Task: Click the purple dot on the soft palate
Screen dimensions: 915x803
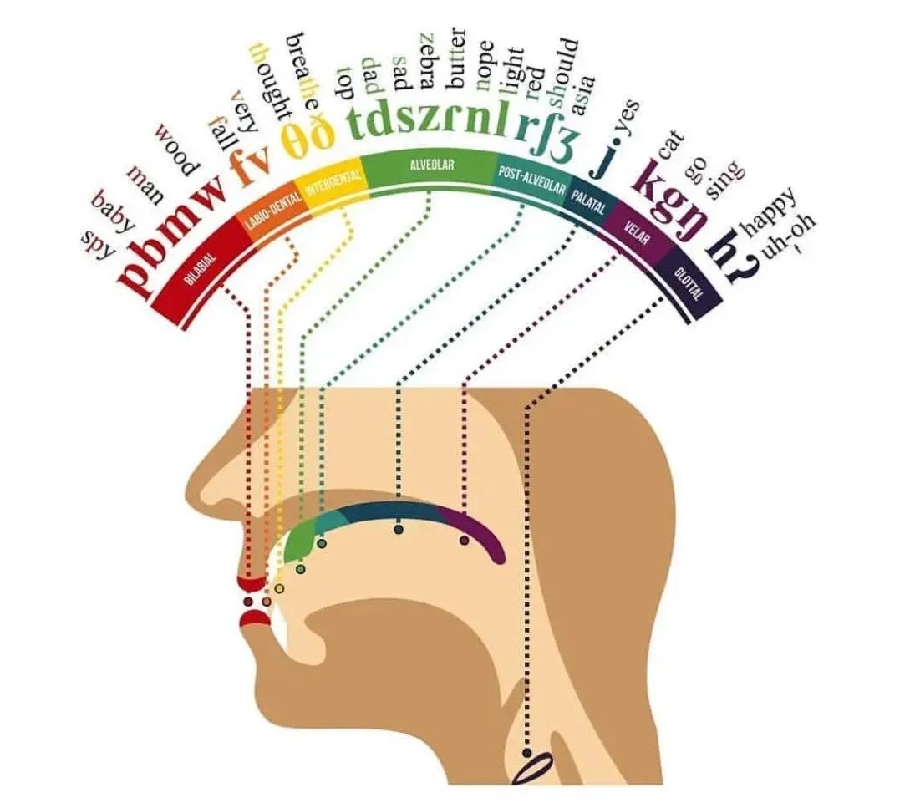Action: click(464, 540)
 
